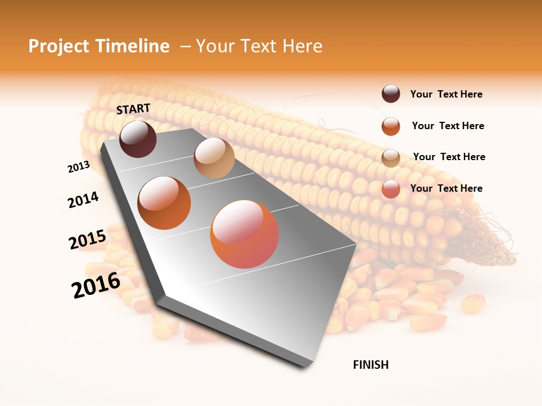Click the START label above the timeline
point(133,109)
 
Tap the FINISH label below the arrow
point(370,365)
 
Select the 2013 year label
point(78,167)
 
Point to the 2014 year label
point(83,200)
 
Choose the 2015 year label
point(88,240)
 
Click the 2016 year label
point(96,285)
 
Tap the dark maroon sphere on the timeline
point(138,139)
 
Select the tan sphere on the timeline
point(214,158)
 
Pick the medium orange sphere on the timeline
point(164,203)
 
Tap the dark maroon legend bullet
point(391,94)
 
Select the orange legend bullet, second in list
point(391,126)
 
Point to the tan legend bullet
point(391,158)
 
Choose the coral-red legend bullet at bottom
point(391,189)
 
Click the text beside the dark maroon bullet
point(446,95)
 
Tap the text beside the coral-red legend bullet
point(446,188)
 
